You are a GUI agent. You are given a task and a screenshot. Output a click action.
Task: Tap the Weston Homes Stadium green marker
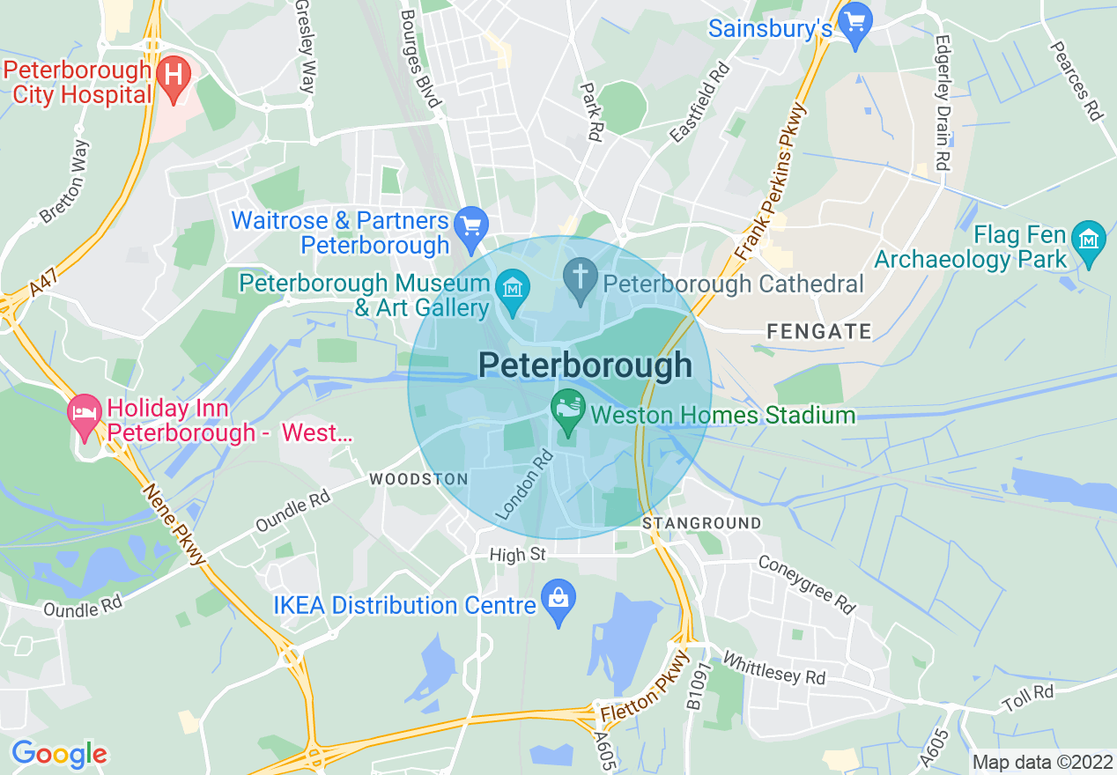567,410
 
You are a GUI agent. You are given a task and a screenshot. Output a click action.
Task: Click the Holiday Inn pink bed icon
85,414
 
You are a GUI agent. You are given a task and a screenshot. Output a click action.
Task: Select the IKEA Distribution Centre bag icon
558,602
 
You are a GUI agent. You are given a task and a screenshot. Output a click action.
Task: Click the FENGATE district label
818,332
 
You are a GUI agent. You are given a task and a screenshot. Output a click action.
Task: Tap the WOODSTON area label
418,479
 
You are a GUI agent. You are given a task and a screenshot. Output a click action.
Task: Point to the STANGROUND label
701,523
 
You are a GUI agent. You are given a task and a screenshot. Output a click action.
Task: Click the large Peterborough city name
585,365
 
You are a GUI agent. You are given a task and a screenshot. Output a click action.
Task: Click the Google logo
59,755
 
